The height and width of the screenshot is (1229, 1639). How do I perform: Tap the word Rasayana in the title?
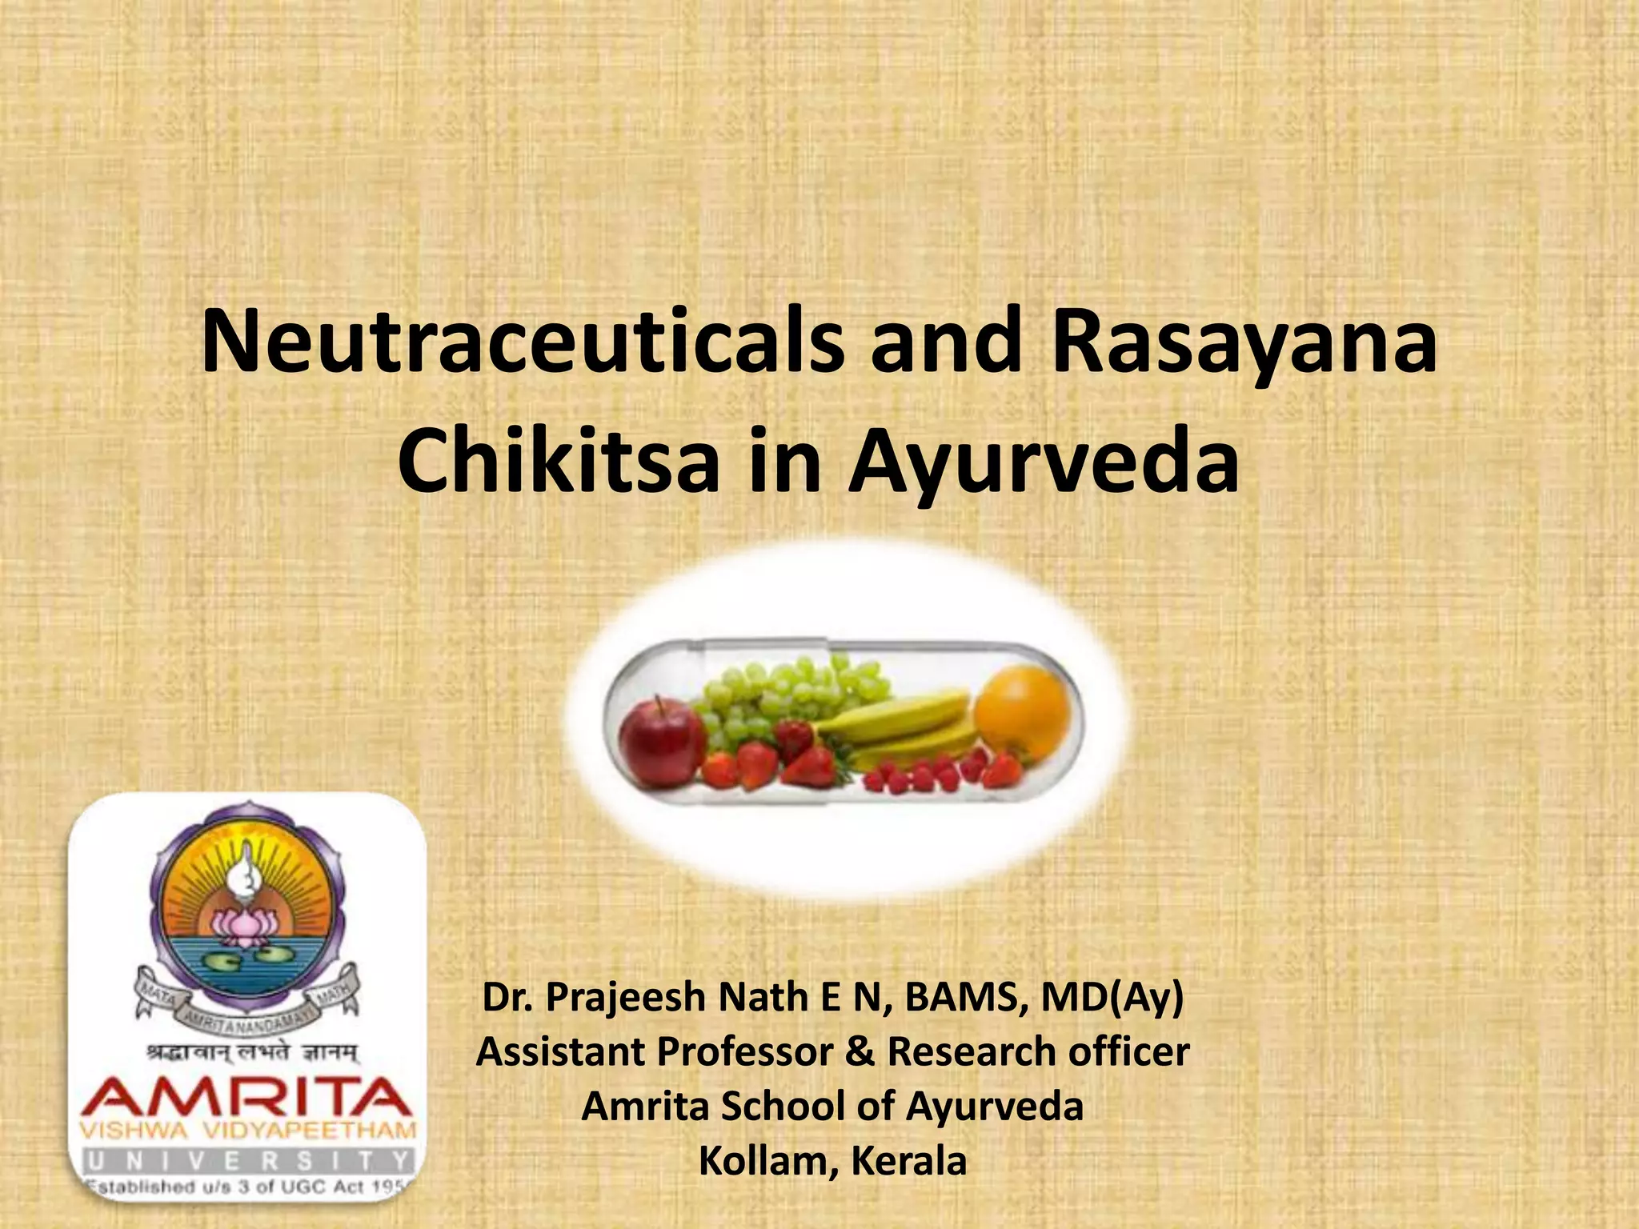click(1243, 342)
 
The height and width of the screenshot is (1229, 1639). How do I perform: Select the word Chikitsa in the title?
click(558, 462)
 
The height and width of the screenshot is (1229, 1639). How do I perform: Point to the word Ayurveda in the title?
click(1044, 462)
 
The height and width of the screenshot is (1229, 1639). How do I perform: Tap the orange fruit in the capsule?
click(1023, 712)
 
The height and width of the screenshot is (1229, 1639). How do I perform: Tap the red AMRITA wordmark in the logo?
click(246, 1098)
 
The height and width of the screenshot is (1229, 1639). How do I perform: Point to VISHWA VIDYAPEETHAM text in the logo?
click(248, 1131)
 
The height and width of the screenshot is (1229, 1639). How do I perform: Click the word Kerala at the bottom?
click(909, 1161)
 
